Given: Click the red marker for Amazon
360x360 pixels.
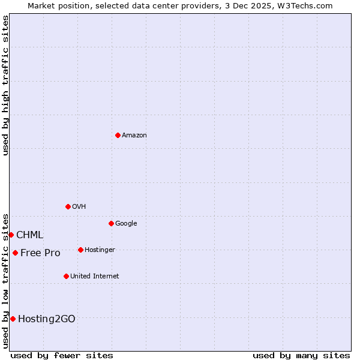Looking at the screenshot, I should (x=118, y=135).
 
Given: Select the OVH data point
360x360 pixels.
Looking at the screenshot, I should (x=68, y=206).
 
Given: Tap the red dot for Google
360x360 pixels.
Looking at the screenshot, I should (x=111, y=223).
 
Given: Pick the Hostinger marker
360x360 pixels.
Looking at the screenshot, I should (x=80, y=250).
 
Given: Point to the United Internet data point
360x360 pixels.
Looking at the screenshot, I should (x=66, y=276).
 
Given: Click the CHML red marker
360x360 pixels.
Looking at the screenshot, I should (x=11, y=235).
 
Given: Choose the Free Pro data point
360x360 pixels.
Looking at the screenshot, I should (x=15, y=253).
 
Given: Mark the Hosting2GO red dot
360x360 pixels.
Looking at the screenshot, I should (x=13, y=319).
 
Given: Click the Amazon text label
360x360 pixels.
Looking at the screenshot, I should (x=134, y=136).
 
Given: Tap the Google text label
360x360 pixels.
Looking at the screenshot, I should (x=126, y=224).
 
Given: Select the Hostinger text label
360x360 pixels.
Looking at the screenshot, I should (x=100, y=250).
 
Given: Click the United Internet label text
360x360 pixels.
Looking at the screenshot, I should (x=95, y=277).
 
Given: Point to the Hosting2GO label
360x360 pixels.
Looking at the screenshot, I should (x=47, y=319).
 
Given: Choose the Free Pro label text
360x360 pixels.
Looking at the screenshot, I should (x=40, y=253).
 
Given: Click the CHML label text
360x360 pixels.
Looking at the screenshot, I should (x=29, y=235).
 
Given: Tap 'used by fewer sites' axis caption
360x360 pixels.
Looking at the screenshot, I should (x=62, y=355).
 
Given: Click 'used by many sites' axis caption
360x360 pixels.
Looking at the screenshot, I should (x=301, y=355).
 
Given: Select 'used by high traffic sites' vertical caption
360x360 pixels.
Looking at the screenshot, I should (x=5, y=85).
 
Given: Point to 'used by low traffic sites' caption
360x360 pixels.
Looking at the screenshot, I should (x=5, y=280).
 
